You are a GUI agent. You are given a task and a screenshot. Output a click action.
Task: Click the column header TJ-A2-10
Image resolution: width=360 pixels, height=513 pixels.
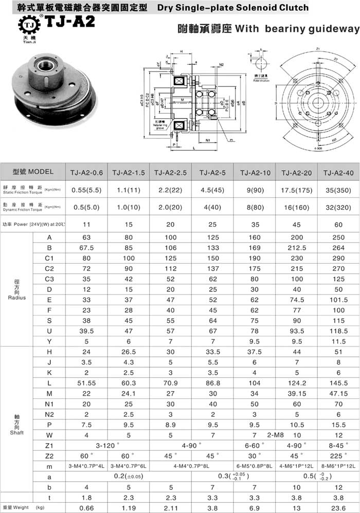[x=255, y=172]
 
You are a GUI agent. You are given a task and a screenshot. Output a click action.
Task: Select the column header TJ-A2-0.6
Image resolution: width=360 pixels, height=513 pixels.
[x=85, y=172]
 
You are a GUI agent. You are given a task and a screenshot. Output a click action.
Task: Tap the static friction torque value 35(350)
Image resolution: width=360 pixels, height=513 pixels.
[x=338, y=190]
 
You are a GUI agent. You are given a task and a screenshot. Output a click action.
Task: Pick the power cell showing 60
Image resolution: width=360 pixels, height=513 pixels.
[x=338, y=225]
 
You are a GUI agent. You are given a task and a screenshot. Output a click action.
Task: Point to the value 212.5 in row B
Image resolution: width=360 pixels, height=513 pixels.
[x=297, y=248]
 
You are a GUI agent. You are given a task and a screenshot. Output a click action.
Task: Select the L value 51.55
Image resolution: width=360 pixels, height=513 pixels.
[x=85, y=384]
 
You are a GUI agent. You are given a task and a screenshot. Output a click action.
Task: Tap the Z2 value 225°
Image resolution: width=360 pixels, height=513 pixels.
[x=338, y=455]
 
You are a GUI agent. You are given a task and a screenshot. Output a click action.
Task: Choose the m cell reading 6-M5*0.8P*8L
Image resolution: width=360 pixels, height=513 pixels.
[x=255, y=466]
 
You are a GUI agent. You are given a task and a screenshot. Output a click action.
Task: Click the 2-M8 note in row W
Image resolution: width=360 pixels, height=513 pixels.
[x=277, y=434]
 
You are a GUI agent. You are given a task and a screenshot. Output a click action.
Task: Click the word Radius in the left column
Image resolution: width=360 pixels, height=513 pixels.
[x=17, y=298]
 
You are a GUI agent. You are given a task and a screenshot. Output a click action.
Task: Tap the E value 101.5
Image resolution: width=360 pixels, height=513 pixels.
[x=338, y=300]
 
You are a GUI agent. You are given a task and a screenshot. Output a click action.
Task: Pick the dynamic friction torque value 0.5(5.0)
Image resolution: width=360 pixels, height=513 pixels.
[x=85, y=207]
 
